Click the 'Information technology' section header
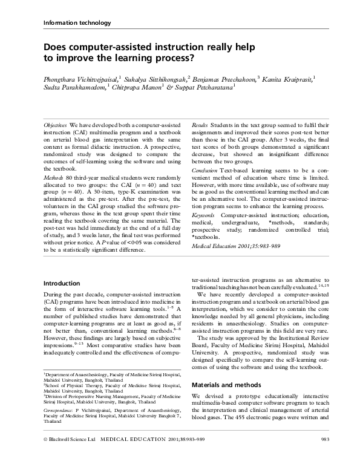77,23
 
